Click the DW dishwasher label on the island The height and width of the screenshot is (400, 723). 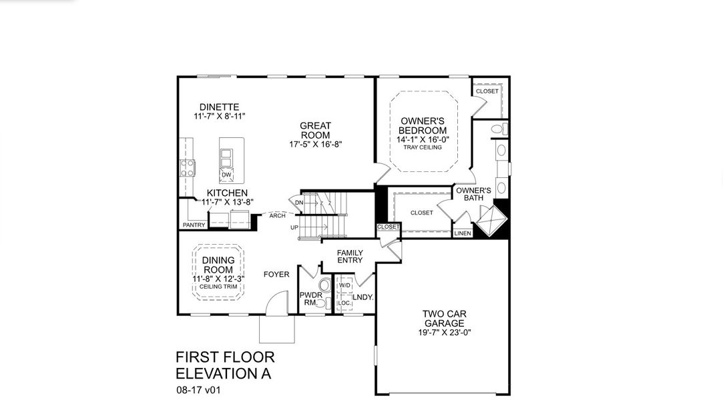(226, 175)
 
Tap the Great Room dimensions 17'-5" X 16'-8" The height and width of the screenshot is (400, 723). (315, 144)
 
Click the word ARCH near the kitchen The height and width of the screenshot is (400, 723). (278, 215)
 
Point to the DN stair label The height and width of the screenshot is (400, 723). (299, 203)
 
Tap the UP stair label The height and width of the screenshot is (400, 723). (294, 227)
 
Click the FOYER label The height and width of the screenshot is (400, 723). (276, 274)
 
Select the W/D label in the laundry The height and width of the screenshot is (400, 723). (344, 285)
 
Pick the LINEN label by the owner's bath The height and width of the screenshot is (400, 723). (463, 233)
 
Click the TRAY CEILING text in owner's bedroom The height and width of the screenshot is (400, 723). (423, 147)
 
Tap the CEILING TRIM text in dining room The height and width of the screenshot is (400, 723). (218, 287)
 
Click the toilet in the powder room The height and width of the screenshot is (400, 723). (323, 303)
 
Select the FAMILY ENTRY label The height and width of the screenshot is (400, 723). (350, 257)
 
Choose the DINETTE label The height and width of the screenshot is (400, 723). (219, 107)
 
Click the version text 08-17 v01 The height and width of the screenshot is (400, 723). (198, 390)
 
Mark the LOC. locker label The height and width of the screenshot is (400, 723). (344, 303)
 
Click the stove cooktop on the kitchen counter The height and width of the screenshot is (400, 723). (187, 168)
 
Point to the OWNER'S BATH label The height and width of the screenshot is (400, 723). (473, 194)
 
